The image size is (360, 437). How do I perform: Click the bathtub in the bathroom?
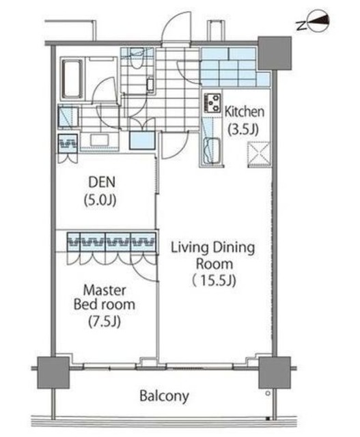72,79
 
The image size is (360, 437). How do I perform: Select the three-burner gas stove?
212,102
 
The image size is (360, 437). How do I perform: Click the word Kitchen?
245,112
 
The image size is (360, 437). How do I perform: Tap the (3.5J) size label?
243,129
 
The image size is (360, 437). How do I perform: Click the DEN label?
102,182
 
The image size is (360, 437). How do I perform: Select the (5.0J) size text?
100,200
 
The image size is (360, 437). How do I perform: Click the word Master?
105,290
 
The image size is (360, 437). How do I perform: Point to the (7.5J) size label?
105,322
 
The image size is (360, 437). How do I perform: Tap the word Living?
190,248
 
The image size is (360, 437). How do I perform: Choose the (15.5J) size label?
214,281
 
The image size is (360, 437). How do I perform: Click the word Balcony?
164,396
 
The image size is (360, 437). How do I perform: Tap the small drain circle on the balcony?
268,393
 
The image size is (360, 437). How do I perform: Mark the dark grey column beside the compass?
275,53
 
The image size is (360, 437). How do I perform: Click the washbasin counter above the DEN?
99,141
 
